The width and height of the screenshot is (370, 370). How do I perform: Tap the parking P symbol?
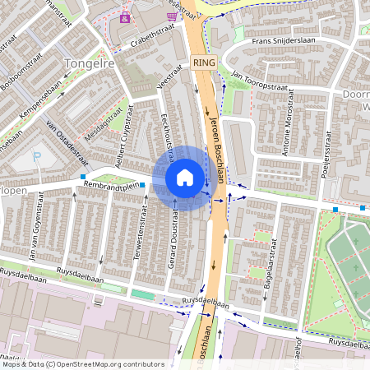point(35,156)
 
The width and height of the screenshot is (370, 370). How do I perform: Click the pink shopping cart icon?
point(171,16)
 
